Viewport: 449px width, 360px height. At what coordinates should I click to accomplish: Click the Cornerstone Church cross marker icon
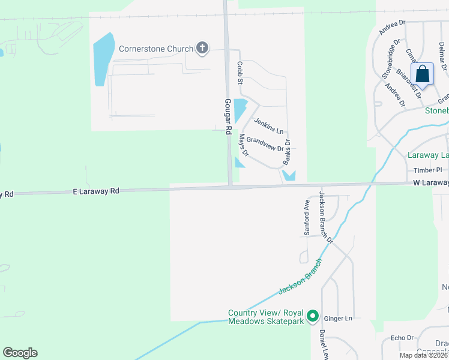pyautogui.click(x=202, y=49)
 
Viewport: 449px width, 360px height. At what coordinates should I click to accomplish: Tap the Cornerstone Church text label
pyautogui.click(x=156, y=49)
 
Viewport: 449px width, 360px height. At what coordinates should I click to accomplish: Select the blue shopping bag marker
pyautogui.click(x=423, y=75)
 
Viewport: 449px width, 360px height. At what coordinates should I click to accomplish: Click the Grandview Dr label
pyautogui.click(x=265, y=144)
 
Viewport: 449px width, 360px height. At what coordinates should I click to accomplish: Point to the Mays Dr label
pyautogui.click(x=244, y=145)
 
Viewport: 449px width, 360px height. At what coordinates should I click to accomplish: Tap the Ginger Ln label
pyautogui.click(x=336, y=319)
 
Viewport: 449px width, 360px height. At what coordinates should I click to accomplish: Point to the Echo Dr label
pyautogui.click(x=402, y=338)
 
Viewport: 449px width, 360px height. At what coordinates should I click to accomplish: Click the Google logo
pyautogui.click(x=20, y=353)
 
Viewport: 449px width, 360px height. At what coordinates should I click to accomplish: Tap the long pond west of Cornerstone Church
pyautogui.click(x=103, y=58)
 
